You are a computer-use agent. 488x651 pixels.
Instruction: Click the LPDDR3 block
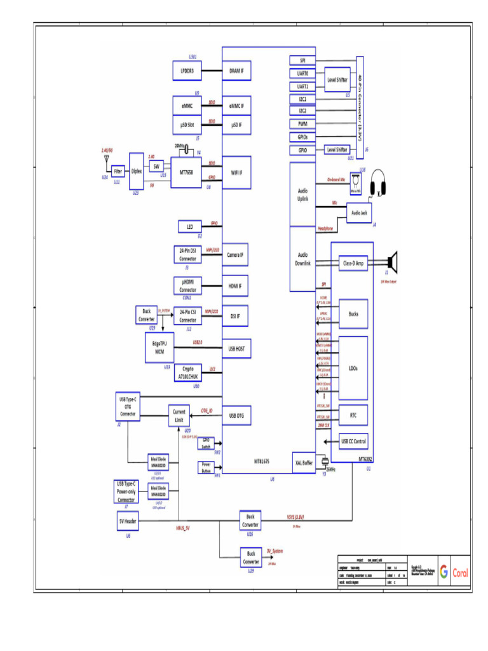[x=187, y=71]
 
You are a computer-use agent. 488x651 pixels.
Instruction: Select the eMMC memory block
[x=187, y=106]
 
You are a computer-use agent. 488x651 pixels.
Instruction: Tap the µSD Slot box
[x=187, y=125]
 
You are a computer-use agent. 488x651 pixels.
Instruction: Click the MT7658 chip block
[x=187, y=171]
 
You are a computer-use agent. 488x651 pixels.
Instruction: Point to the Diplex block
[x=136, y=170]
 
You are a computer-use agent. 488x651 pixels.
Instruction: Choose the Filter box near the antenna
[x=118, y=171]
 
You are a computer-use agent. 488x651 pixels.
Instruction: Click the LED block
[x=190, y=227]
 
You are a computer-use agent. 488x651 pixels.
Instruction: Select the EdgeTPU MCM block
[x=163, y=350]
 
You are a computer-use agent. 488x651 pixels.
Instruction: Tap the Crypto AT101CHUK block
[x=188, y=373]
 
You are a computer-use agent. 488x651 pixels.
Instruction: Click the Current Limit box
[x=179, y=416]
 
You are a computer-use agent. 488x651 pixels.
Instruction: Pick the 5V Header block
[x=128, y=522]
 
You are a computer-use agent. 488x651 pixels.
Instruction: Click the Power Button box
[x=206, y=468]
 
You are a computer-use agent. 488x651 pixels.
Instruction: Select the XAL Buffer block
[x=304, y=462]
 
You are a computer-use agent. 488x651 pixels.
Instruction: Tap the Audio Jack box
[x=359, y=213]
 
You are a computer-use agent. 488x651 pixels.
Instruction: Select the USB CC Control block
[x=353, y=441]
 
